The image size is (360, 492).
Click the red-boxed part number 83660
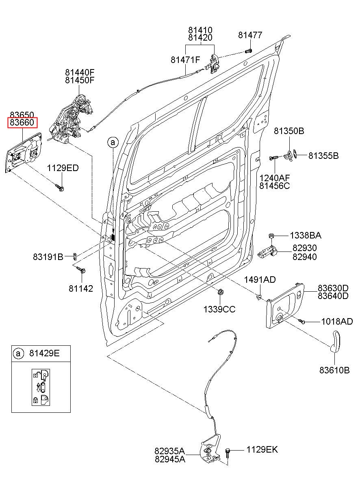tap(22, 123)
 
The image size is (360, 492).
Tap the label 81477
tap(250, 35)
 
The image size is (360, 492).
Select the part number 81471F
tap(186, 60)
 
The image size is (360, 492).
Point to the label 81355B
tap(323, 156)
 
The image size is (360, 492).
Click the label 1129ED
tap(63, 168)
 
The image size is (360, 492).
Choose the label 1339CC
tap(219, 309)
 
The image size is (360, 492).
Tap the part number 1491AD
tap(260, 280)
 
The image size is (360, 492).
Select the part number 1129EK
tap(262, 449)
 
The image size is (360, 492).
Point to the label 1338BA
tap(306, 236)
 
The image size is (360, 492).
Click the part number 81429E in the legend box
tap(44, 353)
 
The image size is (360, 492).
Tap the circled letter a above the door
tap(113, 143)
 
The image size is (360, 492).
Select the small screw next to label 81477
tap(248, 51)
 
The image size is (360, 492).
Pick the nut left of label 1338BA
tap(271, 236)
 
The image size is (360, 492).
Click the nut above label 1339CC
tap(220, 292)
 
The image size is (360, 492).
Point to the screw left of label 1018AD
tap(301, 321)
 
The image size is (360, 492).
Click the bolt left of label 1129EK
tap(227, 453)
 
